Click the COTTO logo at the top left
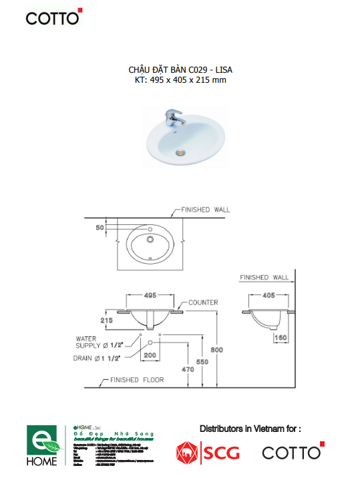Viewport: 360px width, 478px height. [x=53, y=17]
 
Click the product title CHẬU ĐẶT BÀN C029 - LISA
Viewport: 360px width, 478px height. [x=180, y=69]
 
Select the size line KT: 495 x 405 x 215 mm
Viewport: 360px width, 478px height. [x=180, y=80]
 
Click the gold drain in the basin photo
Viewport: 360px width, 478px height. [x=179, y=152]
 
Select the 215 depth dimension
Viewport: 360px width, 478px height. [x=106, y=320]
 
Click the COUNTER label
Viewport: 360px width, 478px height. [x=203, y=302]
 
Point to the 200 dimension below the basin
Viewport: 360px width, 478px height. [x=150, y=356]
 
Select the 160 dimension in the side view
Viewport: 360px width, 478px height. [x=281, y=338]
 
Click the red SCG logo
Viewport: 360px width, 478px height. [x=207, y=453]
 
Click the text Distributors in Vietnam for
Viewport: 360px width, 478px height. [x=250, y=428]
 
